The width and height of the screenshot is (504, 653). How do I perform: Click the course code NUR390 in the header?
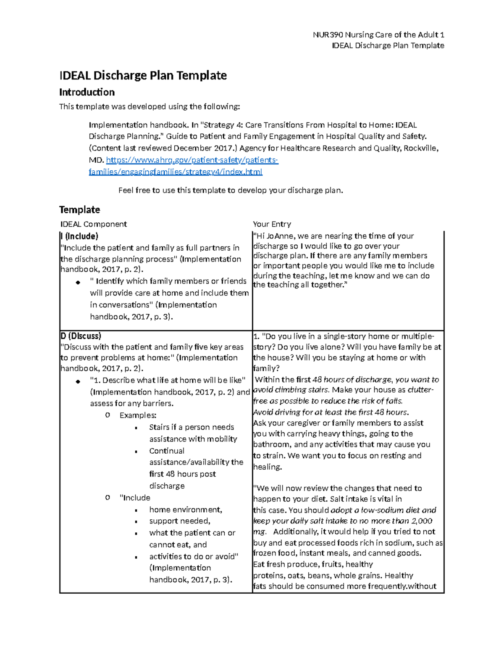pos(328,34)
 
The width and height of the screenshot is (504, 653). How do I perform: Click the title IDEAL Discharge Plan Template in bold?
pos(143,75)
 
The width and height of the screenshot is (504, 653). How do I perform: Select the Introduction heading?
pos(87,92)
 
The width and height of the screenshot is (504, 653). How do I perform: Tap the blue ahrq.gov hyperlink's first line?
pos(192,160)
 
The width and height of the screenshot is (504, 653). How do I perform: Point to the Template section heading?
pos(79,209)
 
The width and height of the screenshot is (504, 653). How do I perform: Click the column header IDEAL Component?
pos(94,224)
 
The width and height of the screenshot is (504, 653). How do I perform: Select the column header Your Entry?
pos(272,224)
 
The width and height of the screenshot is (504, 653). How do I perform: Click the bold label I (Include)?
pos(79,236)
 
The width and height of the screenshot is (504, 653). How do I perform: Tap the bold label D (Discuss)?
pos(81,336)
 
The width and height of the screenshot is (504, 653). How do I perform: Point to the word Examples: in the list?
pos(138,415)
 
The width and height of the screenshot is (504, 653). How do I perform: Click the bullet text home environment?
pos(186,510)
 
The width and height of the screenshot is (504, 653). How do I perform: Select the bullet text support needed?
pos(180,521)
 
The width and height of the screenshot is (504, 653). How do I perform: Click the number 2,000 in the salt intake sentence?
pos(422,521)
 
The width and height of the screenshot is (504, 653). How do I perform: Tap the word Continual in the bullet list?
pos(167,451)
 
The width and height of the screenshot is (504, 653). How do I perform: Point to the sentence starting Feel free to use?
pos(231,190)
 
